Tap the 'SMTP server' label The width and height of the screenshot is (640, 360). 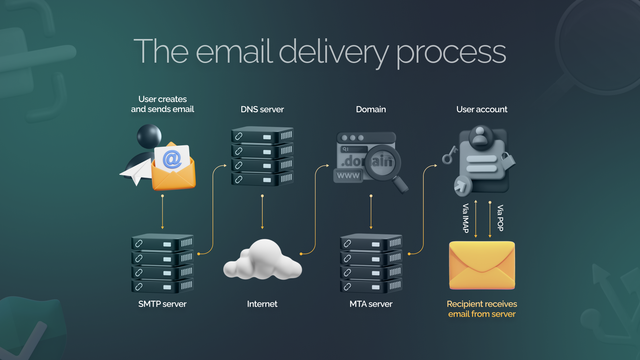pos(162,304)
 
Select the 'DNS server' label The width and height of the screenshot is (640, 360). pos(262,109)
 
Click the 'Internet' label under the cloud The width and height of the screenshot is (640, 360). pos(262,304)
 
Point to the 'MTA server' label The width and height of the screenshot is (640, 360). pos(371,304)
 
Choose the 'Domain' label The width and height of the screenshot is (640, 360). pos(371,109)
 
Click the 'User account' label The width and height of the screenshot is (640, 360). pos(482,109)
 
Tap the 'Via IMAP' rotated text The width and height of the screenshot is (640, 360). pos(466,218)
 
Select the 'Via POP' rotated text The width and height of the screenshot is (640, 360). pos(500,218)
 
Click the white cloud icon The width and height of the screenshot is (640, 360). pos(263,262)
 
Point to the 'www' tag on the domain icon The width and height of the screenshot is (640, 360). pos(348,175)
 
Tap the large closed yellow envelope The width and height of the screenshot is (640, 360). pos(482,265)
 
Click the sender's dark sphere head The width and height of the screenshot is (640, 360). pos(149,136)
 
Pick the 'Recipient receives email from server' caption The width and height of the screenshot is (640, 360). pos(482,309)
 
